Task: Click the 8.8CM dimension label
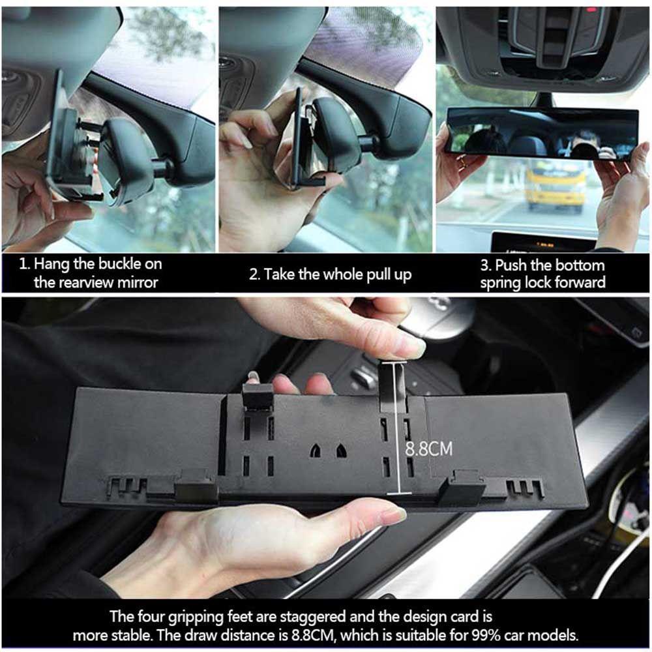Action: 428,449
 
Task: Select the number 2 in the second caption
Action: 254,274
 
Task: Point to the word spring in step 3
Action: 502,282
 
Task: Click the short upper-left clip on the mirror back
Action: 257,396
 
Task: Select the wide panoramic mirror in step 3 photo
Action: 541,133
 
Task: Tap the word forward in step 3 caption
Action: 581,282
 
